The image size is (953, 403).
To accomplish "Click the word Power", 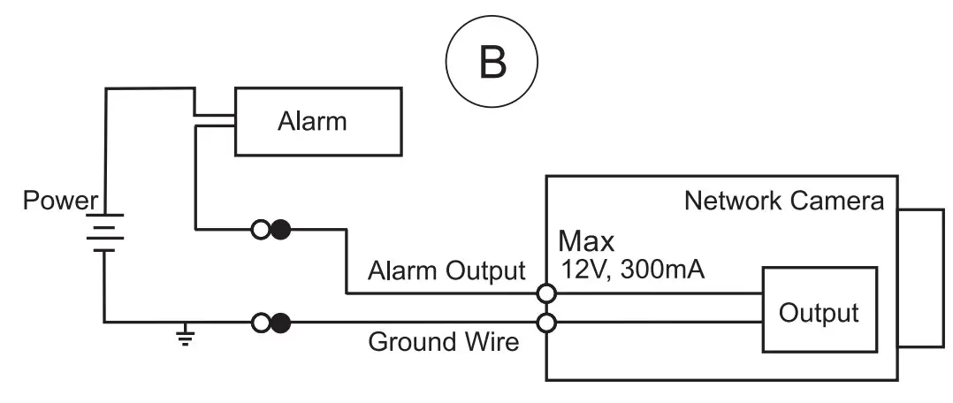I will tap(59, 201).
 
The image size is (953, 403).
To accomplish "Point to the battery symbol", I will tap(104, 232).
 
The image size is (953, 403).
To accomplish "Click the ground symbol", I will tap(185, 337).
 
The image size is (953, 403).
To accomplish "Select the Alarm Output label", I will tap(446, 271).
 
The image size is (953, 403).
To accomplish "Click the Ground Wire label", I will tap(444, 341).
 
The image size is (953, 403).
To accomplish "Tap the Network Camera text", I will tap(783, 201).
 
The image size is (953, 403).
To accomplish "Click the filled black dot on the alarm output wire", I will tap(280, 231).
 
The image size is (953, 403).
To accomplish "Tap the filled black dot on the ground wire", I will tap(280, 322).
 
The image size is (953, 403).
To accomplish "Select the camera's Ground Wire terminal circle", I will tap(546, 322).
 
